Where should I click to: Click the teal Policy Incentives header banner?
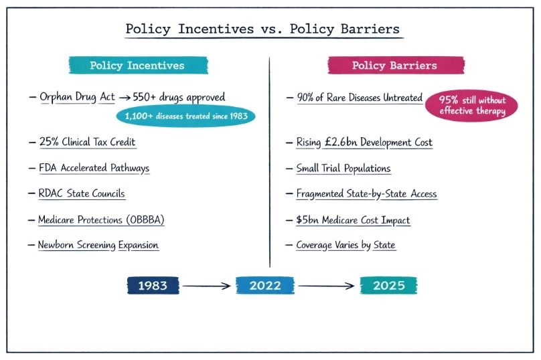point(139,65)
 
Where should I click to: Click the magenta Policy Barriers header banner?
point(396,65)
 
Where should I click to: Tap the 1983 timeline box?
point(153,286)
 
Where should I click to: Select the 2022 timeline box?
point(265,286)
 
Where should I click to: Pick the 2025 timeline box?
point(388,286)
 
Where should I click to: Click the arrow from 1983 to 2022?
point(206,286)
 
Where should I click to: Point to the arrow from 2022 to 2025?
point(326,286)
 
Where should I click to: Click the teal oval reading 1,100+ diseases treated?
point(186,116)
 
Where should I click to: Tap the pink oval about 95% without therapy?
point(471,106)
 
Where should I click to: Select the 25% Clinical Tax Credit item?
point(87,142)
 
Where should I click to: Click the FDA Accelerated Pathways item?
point(94,168)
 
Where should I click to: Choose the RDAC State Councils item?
point(82,193)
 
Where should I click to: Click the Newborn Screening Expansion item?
point(98,245)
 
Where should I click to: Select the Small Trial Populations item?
point(343,168)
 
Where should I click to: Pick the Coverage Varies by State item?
point(345,245)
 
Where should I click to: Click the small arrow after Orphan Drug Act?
point(125,98)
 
